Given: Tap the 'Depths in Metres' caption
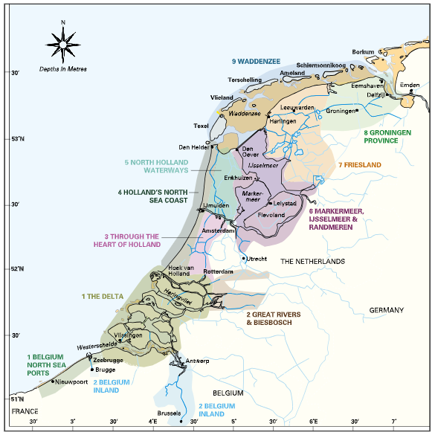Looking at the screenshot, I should click(x=64, y=69).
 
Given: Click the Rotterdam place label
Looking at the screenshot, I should click(x=218, y=272).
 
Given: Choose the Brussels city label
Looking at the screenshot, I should click(x=169, y=413).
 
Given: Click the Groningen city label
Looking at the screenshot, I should click(x=341, y=110).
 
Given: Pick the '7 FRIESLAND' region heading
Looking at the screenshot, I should click(x=359, y=164).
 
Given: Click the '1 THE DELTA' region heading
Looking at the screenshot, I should click(x=102, y=296).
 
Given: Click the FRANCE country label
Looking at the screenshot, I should click(x=25, y=410).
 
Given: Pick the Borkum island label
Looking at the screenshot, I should click(x=364, y=52).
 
